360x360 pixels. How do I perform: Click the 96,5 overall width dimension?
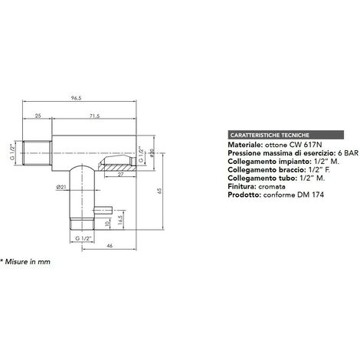coord(76,98)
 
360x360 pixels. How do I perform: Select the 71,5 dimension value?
coord(95,116)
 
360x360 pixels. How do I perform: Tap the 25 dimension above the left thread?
coord(38,116)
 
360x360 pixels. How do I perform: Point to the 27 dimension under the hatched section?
coord(120,174)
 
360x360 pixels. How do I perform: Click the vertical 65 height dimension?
coord(160,191)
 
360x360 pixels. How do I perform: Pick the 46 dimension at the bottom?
coord(110,246)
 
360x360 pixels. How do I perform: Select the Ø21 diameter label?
coord(61,187)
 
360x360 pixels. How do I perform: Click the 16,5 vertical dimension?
coord(120,219)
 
